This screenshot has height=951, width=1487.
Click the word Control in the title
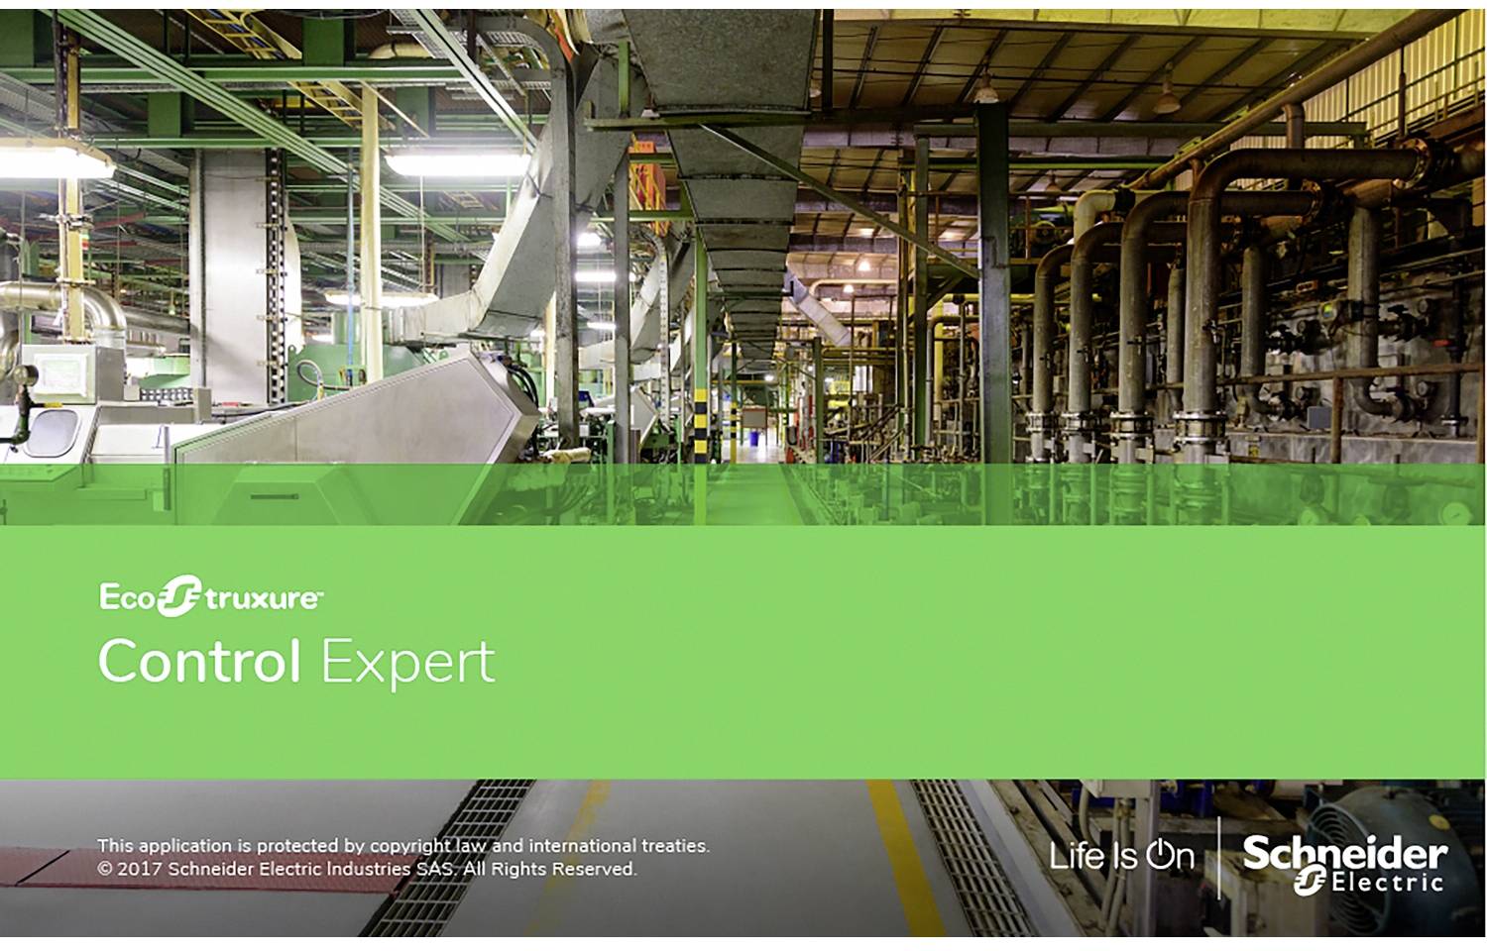click(198, 661)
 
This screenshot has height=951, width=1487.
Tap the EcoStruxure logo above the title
click(209, 597)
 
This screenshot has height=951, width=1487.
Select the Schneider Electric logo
click(1344, 863)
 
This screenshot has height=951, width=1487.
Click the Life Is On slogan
click(1121, 856)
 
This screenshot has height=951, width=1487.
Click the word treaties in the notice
click(675, 846)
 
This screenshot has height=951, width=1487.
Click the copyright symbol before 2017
click(105, 869)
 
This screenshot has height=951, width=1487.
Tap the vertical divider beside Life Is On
click(1218, 858)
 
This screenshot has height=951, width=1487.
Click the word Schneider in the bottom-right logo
click(1344, 852)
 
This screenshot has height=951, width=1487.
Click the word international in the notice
click(582, 846)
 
